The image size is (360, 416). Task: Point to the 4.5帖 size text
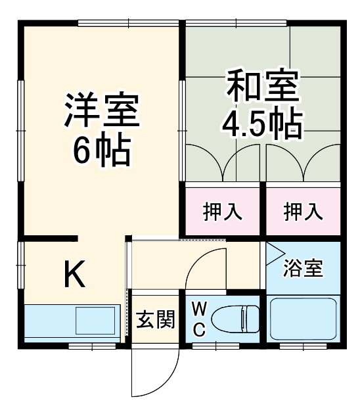coord(263,122)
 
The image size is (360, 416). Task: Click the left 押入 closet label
coord(223,211)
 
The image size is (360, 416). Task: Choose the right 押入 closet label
coord(304,211)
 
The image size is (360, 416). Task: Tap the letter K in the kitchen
coord(74,274)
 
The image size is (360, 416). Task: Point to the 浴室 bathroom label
coord(304,269)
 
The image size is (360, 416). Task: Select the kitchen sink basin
coord(95,321)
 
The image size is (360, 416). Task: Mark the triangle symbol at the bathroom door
coord(273,251)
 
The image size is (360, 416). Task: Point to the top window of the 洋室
coord(127,24)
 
